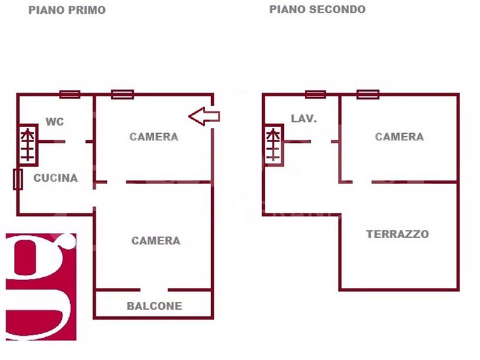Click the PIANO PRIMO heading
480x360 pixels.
coord(67,10)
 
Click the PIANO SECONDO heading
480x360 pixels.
coord(317,10)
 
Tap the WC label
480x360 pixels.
coord(55,122)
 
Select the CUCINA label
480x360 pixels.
coord(55,178)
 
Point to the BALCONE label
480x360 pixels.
coord(155,306)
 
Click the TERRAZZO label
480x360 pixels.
coord(398,234)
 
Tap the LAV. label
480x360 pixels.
coord(304,118)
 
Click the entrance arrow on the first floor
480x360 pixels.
coord(204,116)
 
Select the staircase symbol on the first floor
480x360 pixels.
coord(28,145)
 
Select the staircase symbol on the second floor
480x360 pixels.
coord(274,145)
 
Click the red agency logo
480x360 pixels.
coord(41,287)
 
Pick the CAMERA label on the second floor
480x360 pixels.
coord(400,137)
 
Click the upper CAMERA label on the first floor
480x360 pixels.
coord(154,137)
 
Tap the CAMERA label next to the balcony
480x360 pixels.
coord(156,241)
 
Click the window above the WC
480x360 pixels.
coord(70,94)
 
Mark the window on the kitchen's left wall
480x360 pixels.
coord(18,179)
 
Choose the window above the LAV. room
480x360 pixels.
coord(316,94)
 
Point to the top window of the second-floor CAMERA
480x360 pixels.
coord(368,94)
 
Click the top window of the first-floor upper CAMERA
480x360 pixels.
coord(122,94)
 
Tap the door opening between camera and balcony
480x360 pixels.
coord(154,290)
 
